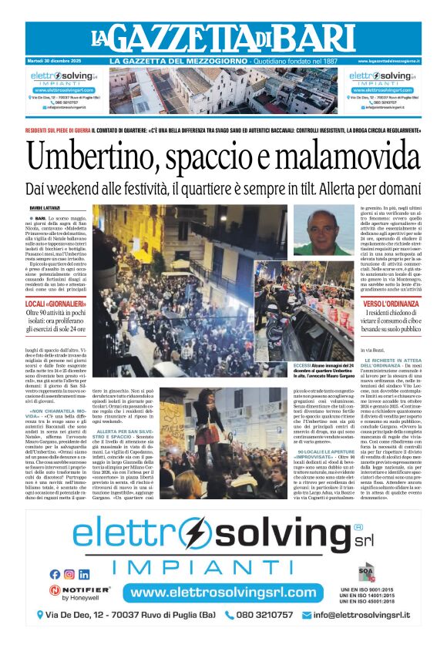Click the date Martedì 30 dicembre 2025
tap(55, 61)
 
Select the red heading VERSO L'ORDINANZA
tap(392, 305)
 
